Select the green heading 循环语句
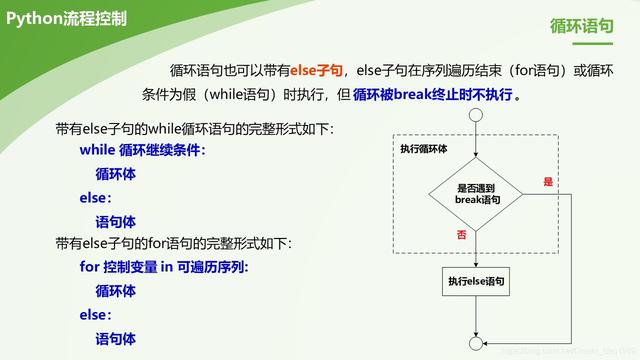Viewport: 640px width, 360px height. pos(582,27)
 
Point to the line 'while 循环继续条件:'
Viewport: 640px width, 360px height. pos(142,150)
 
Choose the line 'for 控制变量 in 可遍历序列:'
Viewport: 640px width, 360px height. pos(164,267)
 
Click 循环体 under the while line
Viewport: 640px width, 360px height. pos(115,174)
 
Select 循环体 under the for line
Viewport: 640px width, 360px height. pos(115,291)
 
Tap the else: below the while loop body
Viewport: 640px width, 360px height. pos(96,198)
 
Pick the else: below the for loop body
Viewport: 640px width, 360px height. pos(96,315)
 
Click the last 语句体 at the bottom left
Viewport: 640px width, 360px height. pos(115,339)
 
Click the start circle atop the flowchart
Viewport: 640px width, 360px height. pos(477,115)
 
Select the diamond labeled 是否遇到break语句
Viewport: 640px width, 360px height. pos(477,194)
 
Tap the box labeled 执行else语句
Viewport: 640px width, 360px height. pos(477,282)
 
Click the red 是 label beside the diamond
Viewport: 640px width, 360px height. pos(547,182)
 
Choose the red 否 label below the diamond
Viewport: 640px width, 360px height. pos(461,234)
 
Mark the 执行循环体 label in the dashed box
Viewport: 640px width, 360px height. pos(423,148)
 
